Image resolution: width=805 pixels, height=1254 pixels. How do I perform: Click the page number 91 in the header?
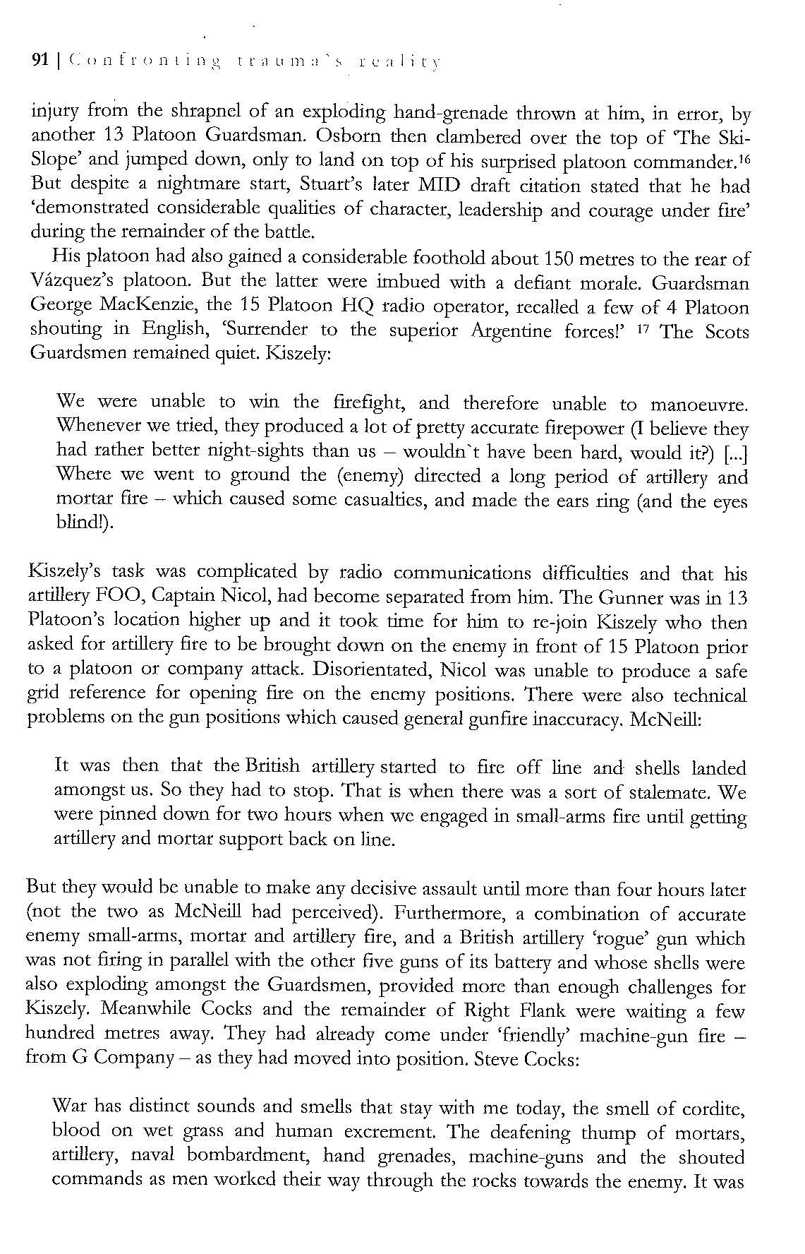click(40, 61)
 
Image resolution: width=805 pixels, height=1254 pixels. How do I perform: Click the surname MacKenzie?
click(141, 307)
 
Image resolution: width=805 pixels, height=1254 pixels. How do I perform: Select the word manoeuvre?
click(698, 405)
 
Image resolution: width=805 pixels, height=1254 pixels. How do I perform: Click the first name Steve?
click(500, 1060)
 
